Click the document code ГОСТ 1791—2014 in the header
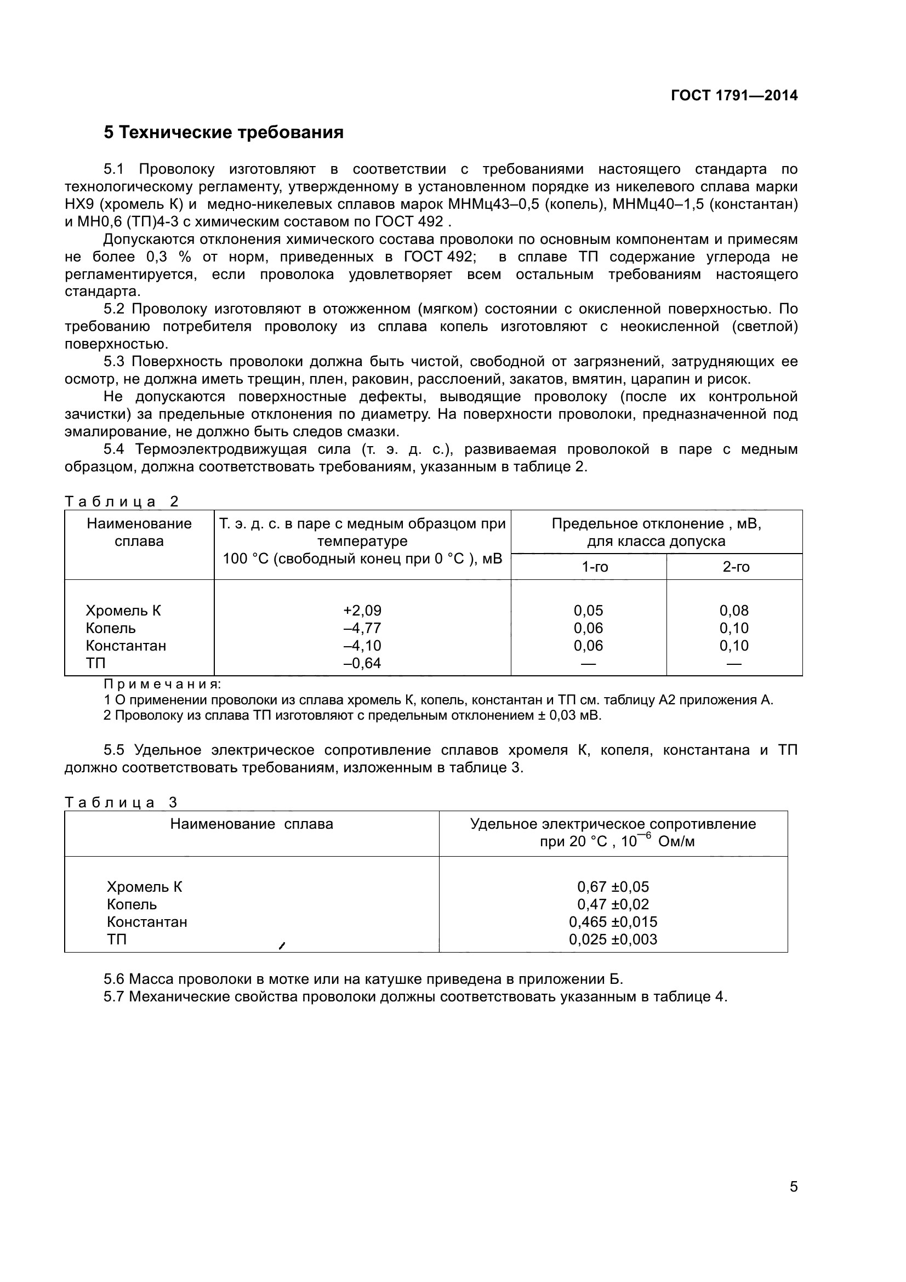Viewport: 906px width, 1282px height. click(734, 95)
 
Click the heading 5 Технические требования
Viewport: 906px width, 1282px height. click(223, 133)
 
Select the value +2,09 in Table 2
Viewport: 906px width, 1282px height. click(362, 610)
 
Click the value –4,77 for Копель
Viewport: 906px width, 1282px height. click(362, 628)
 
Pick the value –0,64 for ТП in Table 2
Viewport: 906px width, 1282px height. click(362, 663)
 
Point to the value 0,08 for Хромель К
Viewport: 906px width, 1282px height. click(733, 610)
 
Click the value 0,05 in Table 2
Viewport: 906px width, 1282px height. click(588, 610)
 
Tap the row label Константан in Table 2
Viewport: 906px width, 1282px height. click(126, 646)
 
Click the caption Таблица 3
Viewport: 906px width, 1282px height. click(121, 802)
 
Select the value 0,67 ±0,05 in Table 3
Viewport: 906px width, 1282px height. click(613, 887)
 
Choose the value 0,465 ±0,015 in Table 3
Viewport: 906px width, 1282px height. click(613, 922)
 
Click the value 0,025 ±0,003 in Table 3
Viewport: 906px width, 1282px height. click(613, 939)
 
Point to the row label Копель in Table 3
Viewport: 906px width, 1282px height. click(132, 904)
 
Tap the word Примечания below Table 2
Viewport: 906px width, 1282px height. click(162, 684)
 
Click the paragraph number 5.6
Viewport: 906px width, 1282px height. click(115, 979)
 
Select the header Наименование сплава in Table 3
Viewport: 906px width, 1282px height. click(251, 824)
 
